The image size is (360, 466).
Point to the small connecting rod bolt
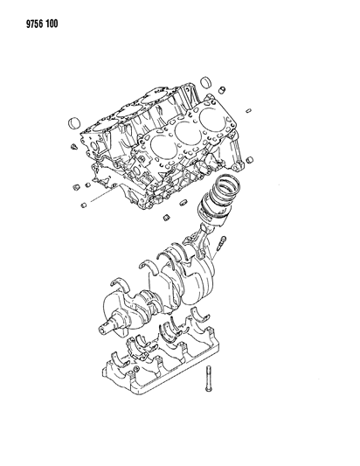click(225, 244)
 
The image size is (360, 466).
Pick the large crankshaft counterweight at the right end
click(203, 289)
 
